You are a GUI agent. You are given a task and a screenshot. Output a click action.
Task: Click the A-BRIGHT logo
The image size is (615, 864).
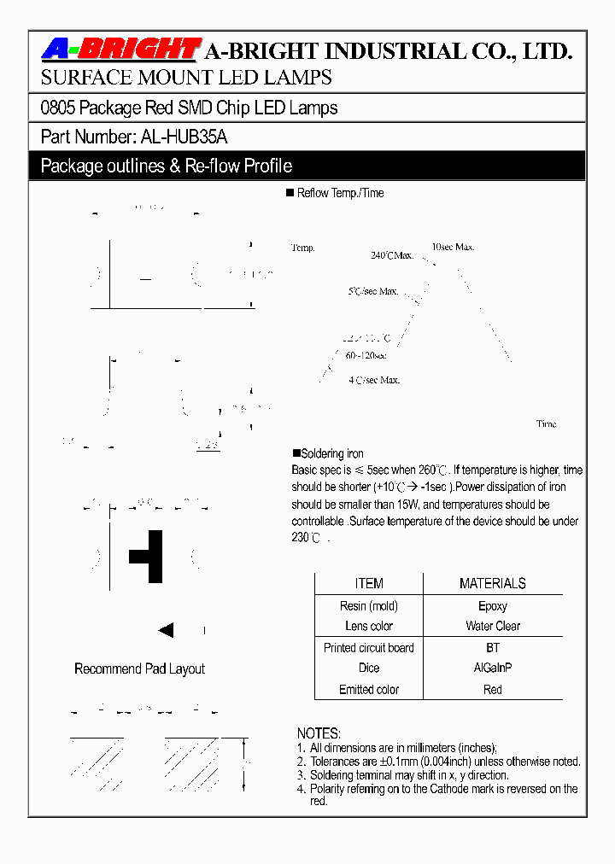point(120,50)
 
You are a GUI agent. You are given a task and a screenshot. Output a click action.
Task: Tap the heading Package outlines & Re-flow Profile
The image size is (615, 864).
point(167,166)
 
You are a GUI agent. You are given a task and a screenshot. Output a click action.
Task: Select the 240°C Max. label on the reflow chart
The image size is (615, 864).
point(392,255)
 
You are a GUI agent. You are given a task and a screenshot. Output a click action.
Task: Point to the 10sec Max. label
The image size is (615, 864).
point(453,247)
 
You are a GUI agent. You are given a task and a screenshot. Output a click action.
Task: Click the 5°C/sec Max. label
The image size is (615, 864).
point(373,291)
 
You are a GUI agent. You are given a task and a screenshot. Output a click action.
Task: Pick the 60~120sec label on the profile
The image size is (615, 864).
point(366,355)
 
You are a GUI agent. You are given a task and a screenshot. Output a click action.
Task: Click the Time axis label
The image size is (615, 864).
point(546,423)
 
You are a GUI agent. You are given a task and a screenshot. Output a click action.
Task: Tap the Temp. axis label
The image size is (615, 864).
point(303,248)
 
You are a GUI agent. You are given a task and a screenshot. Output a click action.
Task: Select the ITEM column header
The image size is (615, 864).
point(369,584)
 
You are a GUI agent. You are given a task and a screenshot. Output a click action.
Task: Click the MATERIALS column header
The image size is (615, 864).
point(492,584)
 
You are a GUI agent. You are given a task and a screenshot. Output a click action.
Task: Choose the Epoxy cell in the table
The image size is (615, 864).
point(492,606)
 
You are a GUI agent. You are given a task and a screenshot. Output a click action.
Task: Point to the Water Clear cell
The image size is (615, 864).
point(492,626)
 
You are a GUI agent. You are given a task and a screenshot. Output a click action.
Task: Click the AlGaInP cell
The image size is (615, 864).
point(492,668)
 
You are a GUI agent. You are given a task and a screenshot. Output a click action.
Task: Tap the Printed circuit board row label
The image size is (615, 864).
point(369,648)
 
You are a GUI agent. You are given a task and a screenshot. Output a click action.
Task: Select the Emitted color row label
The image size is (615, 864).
point(369,689)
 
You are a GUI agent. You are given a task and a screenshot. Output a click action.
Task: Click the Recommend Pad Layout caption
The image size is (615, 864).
point(139,668)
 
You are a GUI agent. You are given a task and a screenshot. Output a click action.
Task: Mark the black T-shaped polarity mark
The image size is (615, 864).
point(149,556)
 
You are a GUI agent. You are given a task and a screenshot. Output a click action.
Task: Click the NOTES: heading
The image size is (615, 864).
point(319,733)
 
